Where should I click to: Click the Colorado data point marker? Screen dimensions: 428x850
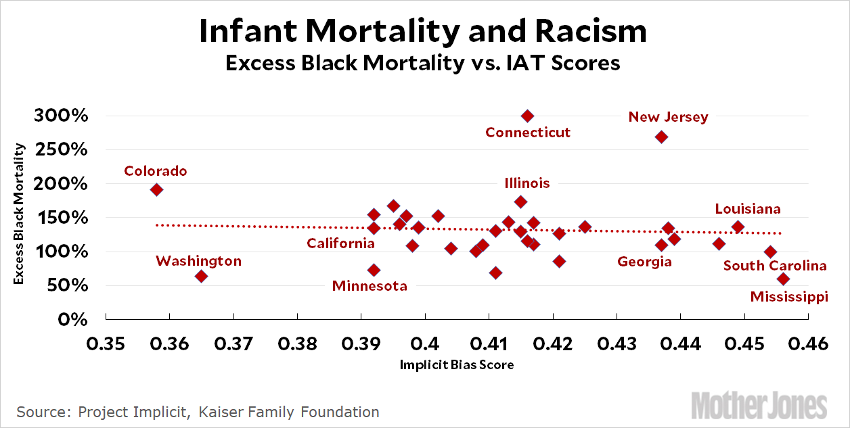click(x=156, y=189)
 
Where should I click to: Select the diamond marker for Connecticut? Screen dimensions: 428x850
click(x=528, y=116)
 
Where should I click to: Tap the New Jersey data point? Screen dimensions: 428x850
click(x=661, y=137)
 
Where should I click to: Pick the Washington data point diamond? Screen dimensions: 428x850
click(x=201, y=276)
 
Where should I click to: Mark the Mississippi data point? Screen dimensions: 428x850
click(x=783, y=279)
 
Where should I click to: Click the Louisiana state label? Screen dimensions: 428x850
click(x=748, y=209)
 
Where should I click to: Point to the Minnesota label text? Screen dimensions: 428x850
click(x=370, y=286)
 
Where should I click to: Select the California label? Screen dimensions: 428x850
click(x=340, y=243)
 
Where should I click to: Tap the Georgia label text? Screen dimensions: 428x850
click(x=644, y=262)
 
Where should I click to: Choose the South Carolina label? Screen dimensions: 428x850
click(x=775, y=266)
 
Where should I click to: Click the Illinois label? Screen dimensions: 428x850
click(x=527, y=183)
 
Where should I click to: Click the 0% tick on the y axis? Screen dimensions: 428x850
click(x=75, y=319)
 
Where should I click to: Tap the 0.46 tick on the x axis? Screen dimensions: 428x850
click(x=808, y=344)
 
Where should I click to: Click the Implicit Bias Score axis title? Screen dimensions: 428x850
click(x=456, y=365)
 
